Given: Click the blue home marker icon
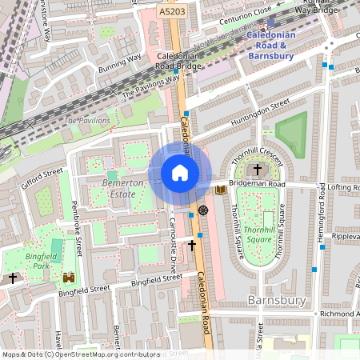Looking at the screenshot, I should pyautogui.click(x=180, y=173).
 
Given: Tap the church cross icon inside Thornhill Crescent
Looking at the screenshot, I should pyautogui.click(x=258, y=170).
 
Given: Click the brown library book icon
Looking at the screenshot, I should pyautogui.click(x=221, y=190).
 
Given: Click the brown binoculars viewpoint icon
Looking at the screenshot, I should pyautogui.click(x=69, y=278).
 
